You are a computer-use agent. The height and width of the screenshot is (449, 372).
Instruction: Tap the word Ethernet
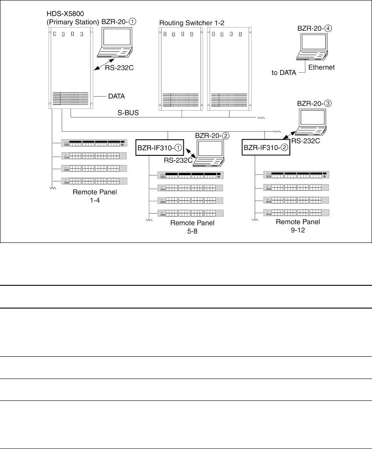coord(321,67)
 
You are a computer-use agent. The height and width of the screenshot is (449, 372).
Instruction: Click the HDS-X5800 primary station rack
coord(70,68)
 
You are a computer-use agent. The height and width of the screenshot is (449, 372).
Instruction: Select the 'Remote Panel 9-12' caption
coord(298,225)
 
